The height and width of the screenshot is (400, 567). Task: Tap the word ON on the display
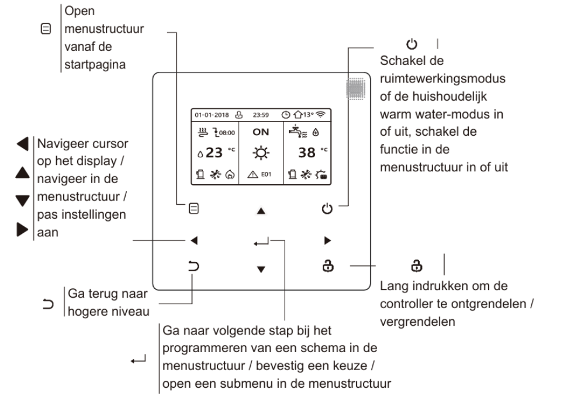tap(260, 133)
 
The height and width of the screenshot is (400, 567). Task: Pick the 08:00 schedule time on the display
tap(225, 133)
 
